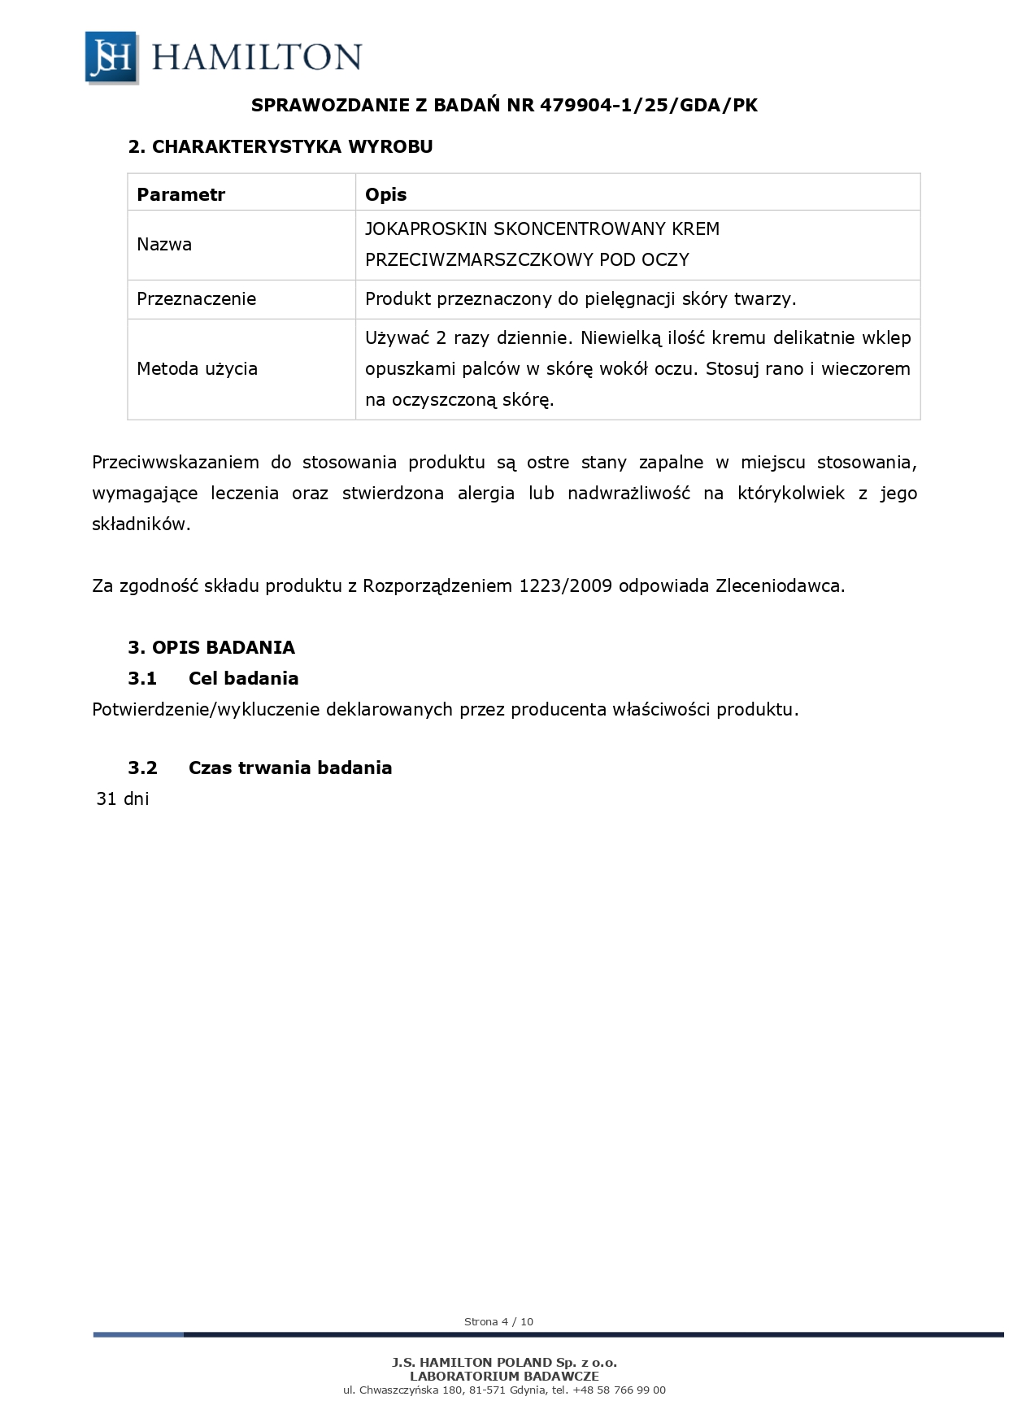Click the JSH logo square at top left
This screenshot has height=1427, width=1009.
coord(111,58)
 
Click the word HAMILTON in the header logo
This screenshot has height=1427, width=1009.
coord(256,58)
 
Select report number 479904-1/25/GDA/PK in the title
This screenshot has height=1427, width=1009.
coord(648,105)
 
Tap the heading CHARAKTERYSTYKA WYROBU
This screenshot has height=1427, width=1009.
coord(292,146)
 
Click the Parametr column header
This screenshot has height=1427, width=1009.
coord(180,194)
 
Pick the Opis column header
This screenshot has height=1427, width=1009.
coord(385,194)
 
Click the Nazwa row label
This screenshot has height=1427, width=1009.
coord(164,244)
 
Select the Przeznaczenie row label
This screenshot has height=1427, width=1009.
coord(196,298)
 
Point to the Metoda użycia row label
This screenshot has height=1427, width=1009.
coord(197,368)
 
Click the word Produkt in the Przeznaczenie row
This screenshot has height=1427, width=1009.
coord(398,298)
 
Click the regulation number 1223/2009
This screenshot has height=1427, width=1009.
coord(565,585)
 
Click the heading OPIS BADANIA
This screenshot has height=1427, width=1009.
coord(223,647)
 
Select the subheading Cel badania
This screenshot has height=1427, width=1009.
coord(243,678)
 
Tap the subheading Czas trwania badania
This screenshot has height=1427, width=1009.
coord(290,768)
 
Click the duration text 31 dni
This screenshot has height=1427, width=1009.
coord(123,798)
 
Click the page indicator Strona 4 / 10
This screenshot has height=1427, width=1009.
coord(498,1321)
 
